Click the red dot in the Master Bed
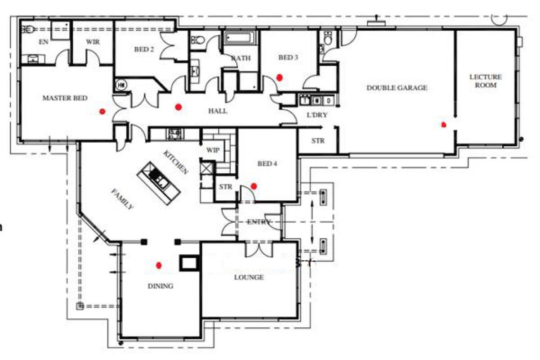click(103, 112)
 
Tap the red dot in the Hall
click(179, 107)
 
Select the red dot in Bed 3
click(280, 78)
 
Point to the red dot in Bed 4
click(254, 186)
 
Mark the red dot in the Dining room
click(159, 265)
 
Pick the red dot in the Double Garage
click(444, 125)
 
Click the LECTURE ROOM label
click(486, 81)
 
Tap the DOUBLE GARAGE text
click(397, 88)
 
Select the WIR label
click(93, 42)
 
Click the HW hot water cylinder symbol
click(121, 85)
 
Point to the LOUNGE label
click(249, 278)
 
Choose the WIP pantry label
click(213, 150)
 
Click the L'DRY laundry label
click(317, 115)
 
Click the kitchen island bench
click(159, 183)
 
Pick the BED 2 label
click(144, 49)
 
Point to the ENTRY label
click(259, 222)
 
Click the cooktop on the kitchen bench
click(174, 135)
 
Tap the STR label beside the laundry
click(318, 141)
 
